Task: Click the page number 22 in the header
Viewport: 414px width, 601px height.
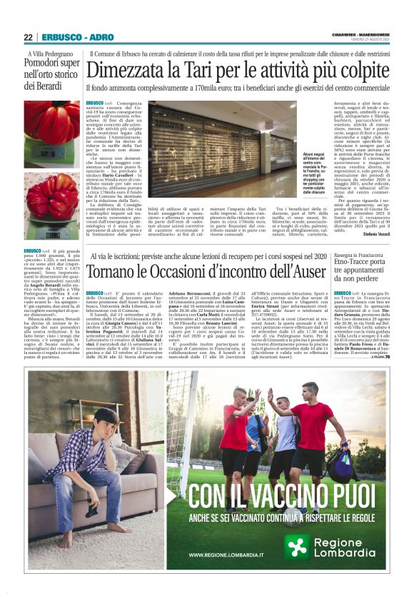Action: coord(29,37)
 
